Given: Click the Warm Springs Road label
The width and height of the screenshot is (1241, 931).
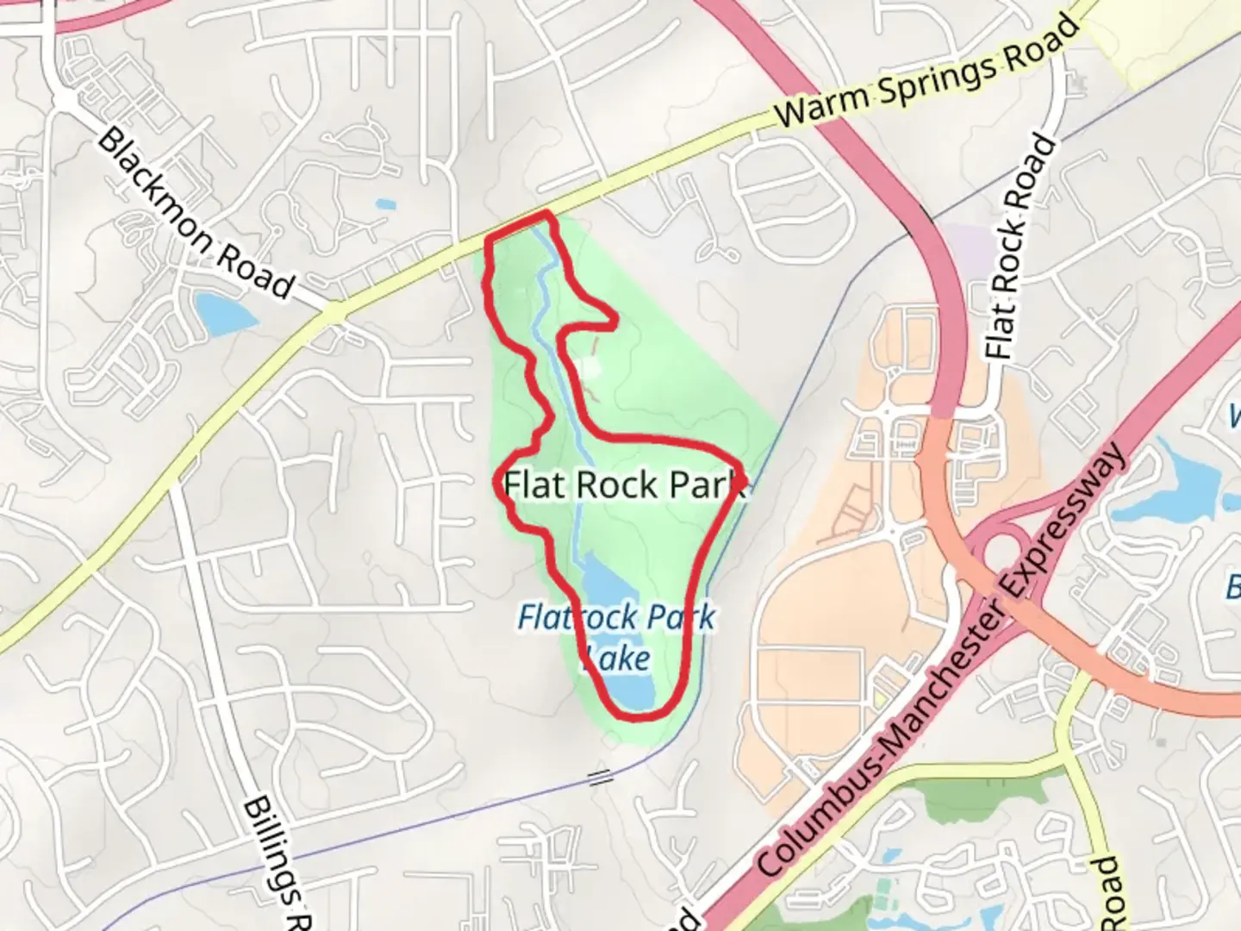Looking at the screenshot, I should [926, 71].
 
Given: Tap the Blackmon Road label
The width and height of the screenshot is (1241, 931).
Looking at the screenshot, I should [195, 213].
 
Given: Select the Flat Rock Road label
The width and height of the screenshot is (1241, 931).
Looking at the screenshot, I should [1021, 247].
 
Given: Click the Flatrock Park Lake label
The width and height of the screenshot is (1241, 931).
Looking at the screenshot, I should [617, 636].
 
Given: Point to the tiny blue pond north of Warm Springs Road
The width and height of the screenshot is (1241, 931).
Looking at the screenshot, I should [386, 205].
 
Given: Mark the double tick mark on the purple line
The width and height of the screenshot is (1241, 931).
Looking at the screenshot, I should [600, 778].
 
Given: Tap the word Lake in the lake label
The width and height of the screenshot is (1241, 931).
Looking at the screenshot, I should [617, 659].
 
